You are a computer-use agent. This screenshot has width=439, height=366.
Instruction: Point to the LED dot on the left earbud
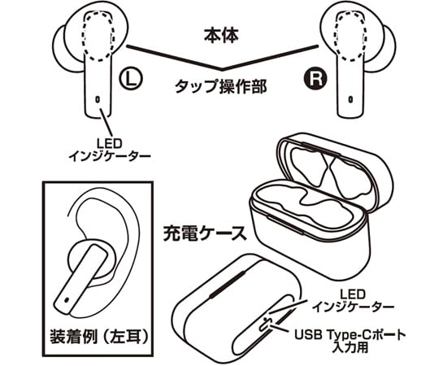[98, 101]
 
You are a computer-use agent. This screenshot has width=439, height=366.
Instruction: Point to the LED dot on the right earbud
[350, 101]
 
